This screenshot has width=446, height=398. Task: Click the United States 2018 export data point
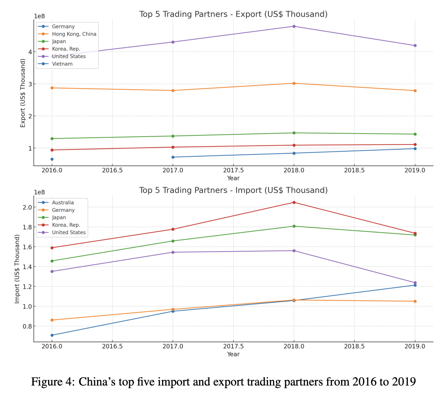294,26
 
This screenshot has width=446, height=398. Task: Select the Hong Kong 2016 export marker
52,88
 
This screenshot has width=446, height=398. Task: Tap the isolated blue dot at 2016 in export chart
52,159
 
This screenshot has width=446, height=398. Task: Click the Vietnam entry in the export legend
62,64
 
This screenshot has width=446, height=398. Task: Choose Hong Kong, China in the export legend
74,34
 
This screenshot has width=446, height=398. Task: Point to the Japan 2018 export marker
294,133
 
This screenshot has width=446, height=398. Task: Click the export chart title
233,14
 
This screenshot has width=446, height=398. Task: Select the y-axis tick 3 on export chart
30,84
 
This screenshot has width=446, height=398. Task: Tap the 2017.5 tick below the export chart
233,170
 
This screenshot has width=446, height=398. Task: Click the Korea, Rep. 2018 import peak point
294,202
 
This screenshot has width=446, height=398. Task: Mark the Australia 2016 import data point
52,335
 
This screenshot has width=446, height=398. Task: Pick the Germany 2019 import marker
415,302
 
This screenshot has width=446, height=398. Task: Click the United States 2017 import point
173,252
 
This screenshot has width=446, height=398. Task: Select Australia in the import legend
63,203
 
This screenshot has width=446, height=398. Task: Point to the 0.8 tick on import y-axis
27,326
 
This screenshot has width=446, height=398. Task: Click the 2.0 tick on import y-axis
27,207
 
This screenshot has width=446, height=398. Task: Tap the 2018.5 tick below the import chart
354,346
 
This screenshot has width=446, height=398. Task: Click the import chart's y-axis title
17,269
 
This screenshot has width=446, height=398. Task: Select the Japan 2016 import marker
52,261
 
